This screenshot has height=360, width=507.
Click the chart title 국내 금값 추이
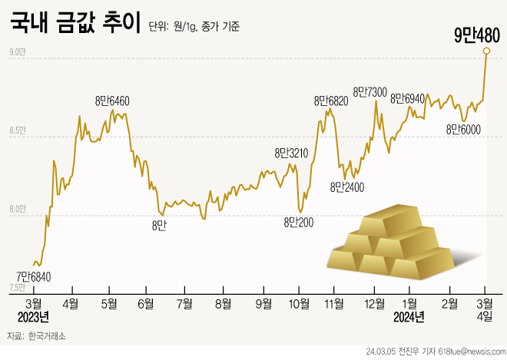pyautogui.click(x=75, y=23)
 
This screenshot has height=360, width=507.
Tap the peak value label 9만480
pyautogui.click(x=477, y=35)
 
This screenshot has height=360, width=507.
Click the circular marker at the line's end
pyautogui.click(x=486, y=51)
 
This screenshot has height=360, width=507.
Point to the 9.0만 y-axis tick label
pyautogui.click(x=18, y=52)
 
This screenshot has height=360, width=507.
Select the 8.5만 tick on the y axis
pyautogui.click(x=18, y=131)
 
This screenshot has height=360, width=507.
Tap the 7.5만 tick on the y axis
pyautogui.click(x=18, y=288)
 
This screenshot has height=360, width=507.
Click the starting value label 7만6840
pyautogui.click(x=35, y=276)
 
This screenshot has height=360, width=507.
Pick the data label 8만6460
pyautogui.click(x=112, y=101)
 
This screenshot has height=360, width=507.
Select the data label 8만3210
pyautogui.click(x=291, y=154)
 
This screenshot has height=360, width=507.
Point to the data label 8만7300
pyautogui.click(x=369, y=92)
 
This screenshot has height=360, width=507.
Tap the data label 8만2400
pyautogui.click(x=347, y=187)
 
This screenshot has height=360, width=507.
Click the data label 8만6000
pyautogui.click(x=463, y=129)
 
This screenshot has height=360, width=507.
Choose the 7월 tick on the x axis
pyautogui.click(x=184, y=303)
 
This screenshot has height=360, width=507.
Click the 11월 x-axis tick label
pyautogui.click(x=334, y=303)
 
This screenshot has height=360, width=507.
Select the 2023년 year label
pyautogui.click(x=34, y=317)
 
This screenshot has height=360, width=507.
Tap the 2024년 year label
pyautogui.click(x=409, y=317)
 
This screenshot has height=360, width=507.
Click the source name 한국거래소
pyautogui.click(x=47, y=337)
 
